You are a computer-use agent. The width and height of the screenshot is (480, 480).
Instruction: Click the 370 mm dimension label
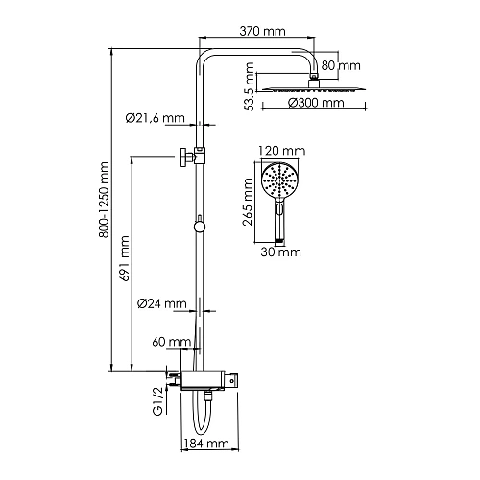(262, 31)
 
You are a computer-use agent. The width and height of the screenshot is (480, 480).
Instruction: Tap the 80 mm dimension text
(341, 65)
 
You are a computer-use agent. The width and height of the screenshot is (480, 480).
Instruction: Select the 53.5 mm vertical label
(249, 86)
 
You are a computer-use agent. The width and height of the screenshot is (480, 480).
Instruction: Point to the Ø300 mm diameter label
(316, 103)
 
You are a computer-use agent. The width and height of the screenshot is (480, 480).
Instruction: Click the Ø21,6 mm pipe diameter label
(156, 118)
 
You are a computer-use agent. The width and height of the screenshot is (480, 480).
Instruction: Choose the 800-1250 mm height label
(104, 200)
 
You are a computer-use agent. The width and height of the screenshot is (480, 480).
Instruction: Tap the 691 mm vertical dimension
(124, 258)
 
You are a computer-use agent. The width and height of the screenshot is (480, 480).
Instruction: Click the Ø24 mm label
(162, 303)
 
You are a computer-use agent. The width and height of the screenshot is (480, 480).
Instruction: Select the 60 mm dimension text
(172, 342)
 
